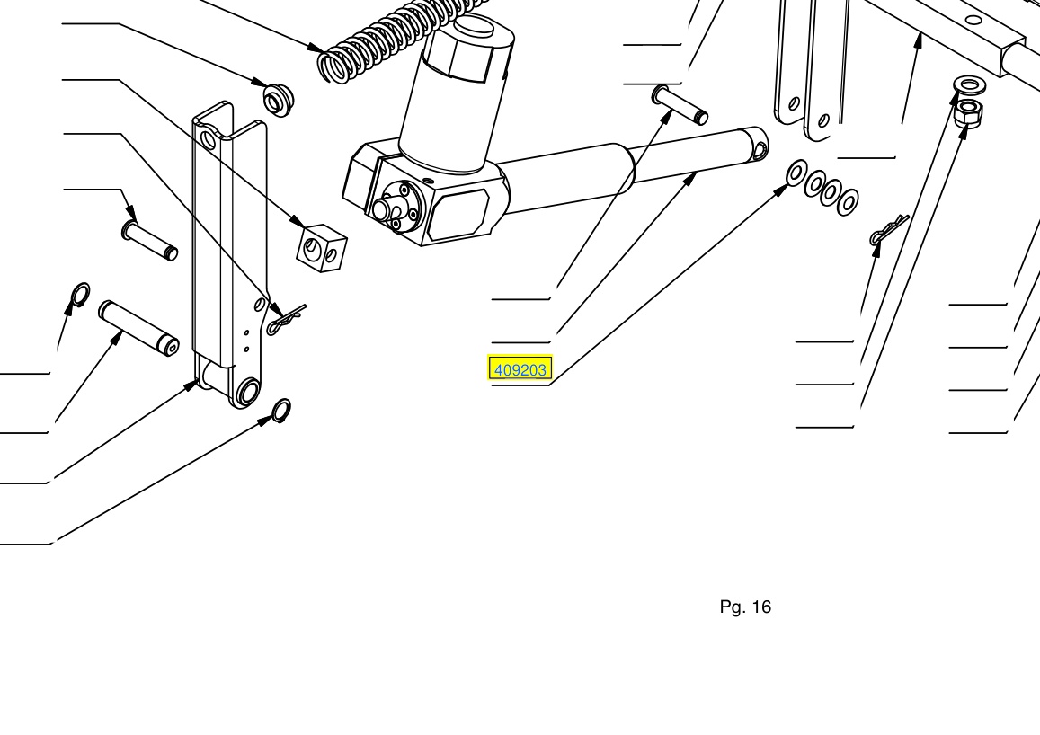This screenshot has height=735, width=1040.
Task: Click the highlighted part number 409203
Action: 520,370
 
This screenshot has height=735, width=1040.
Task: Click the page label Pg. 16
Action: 745,607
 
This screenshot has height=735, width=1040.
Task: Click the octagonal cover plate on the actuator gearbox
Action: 458,214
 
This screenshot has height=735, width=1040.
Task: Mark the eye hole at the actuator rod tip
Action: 760,150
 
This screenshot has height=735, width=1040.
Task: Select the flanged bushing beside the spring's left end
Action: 279,100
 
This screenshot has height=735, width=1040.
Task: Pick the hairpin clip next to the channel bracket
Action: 286,320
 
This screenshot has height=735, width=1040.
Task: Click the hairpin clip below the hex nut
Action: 887,229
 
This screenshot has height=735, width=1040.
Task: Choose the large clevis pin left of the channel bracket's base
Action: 138,328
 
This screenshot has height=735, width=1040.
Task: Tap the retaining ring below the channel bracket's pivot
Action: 282,411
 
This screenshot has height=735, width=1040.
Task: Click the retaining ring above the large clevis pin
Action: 80,295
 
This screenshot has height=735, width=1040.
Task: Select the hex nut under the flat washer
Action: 968,114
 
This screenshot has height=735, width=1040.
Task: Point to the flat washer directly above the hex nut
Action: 969,84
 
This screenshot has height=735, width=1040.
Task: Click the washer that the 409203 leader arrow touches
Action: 796,173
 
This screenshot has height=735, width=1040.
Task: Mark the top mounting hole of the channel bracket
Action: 209,140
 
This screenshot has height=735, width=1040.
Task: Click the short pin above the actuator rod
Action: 680,105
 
